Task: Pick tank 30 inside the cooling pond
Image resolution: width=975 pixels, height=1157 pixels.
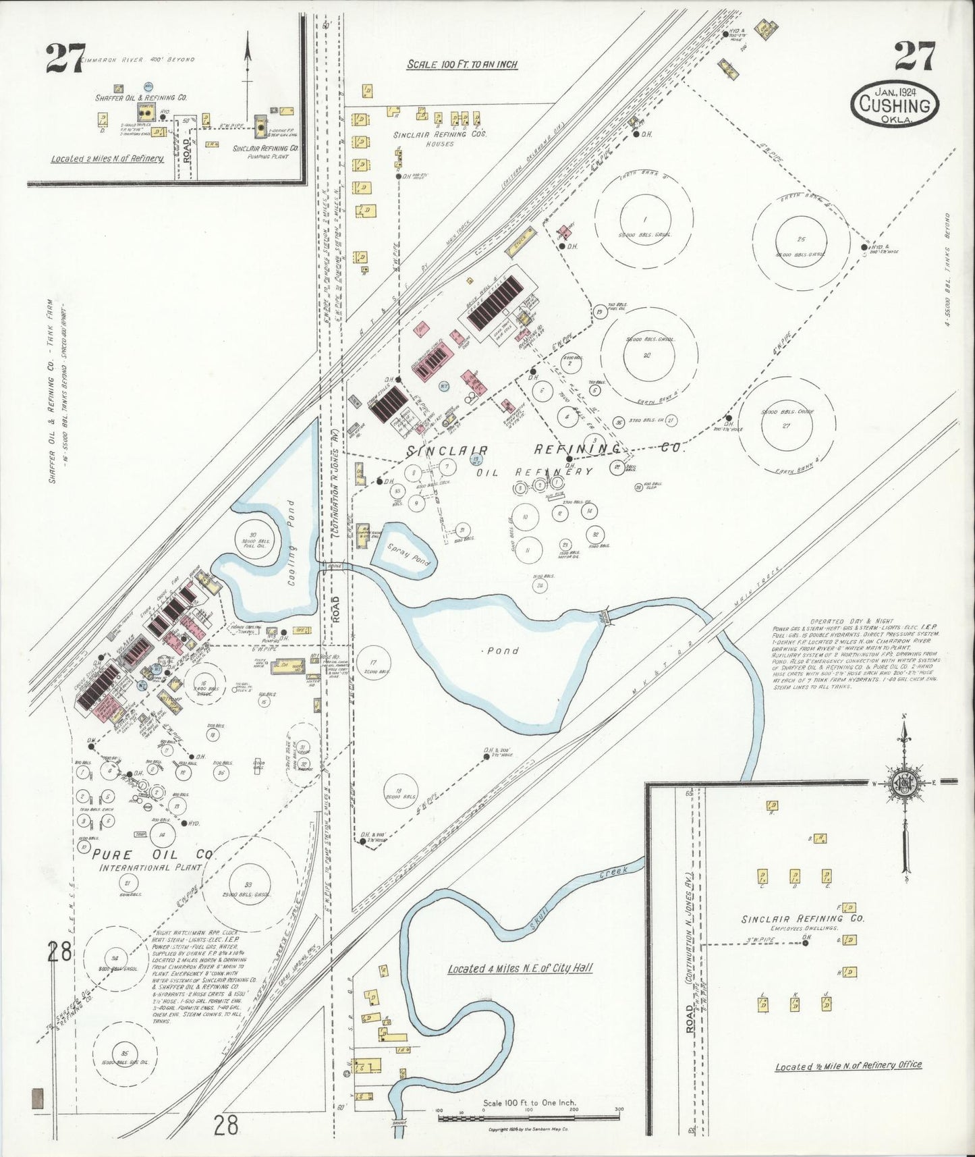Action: point(253,537)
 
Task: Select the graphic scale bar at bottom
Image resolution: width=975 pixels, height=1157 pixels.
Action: point(529,1119)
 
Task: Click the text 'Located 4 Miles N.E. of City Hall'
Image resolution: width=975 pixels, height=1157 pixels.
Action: point(520,968)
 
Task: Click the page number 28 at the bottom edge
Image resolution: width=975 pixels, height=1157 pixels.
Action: point(227,1125)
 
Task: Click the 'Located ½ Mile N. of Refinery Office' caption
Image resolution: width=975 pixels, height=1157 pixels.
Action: point(847,1065)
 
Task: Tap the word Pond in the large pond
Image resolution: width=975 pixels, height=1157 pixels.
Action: point(503,651)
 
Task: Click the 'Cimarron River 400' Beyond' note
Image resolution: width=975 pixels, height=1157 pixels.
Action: point(138,60)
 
